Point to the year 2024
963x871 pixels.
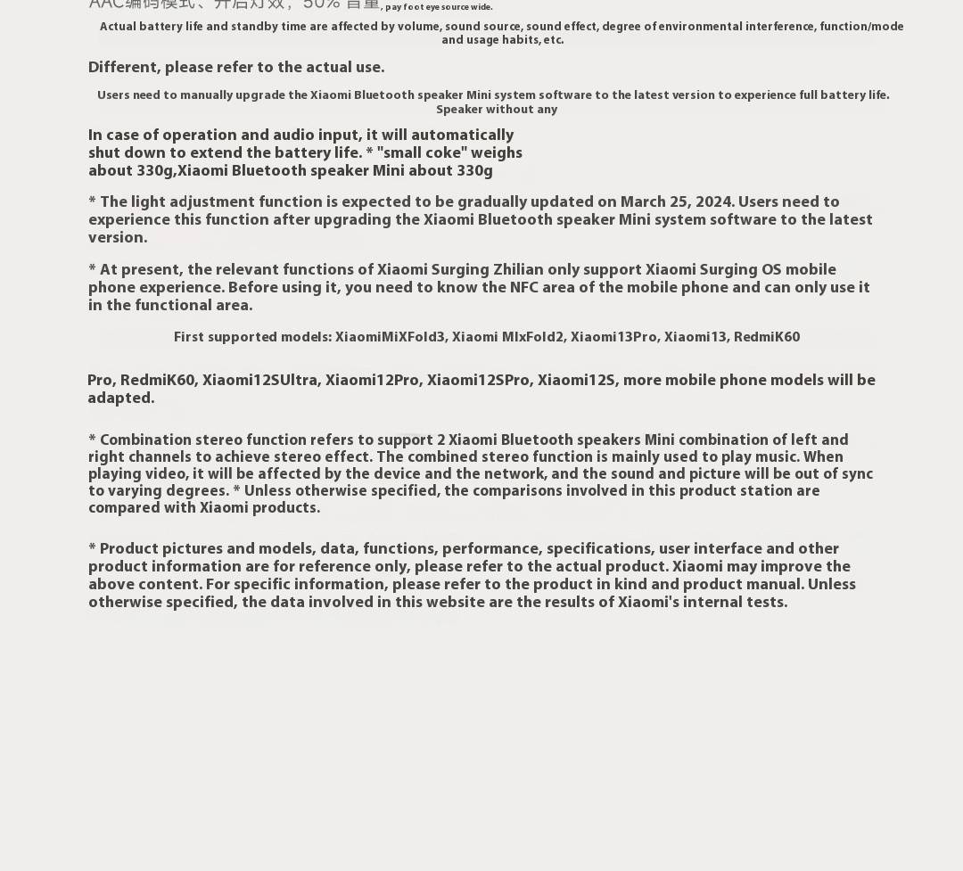[713, 202]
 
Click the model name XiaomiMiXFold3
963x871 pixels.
[390, 337]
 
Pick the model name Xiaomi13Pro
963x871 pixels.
[613, 337]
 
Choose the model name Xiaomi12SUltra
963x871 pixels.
[259, 381]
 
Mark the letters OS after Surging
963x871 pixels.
[771, 270]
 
